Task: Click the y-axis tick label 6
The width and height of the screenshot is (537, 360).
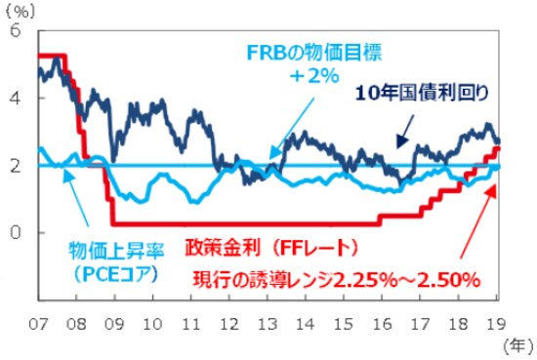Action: click(15, 30)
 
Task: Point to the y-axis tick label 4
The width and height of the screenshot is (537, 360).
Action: click(15, 99)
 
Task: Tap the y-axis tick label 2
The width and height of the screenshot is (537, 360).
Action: click(15, 166)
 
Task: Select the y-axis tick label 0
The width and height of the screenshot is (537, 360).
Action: click(15, 233)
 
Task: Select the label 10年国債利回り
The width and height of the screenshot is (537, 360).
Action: click(421, 93)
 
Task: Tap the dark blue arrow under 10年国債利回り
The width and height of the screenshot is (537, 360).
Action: click(403, 129)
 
